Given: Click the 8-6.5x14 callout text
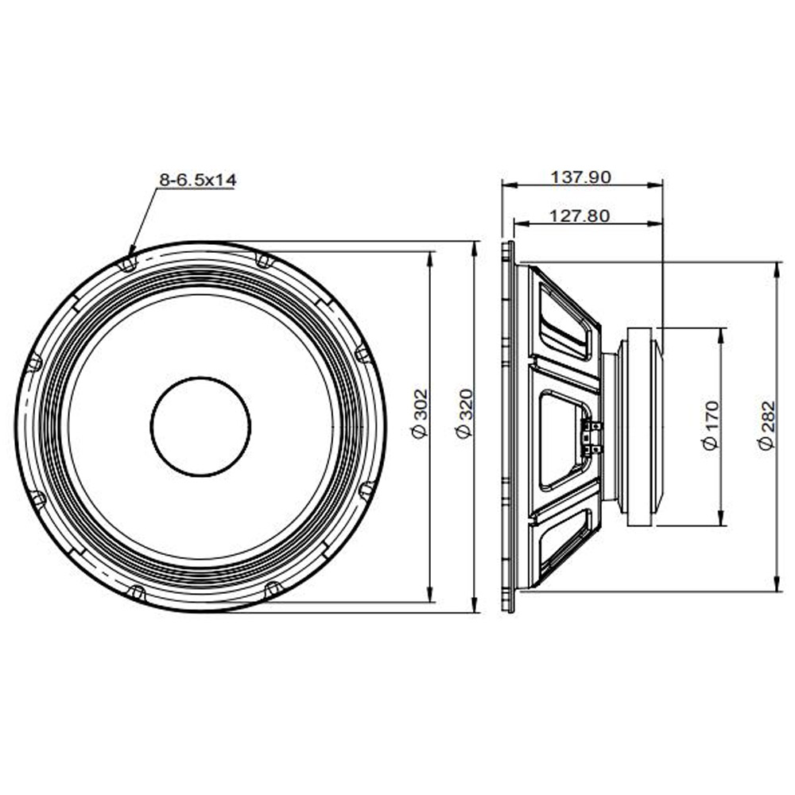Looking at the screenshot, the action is (198, 180).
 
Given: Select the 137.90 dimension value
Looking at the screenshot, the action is (581, 177).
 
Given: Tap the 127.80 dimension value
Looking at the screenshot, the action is (580, 216).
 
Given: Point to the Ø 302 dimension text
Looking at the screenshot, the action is (421, 413).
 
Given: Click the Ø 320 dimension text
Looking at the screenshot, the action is (464, 413).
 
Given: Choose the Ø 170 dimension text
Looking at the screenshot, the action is (711, 425).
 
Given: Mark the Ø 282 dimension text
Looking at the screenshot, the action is (766, 425).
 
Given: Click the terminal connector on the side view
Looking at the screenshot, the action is (592, 437).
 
